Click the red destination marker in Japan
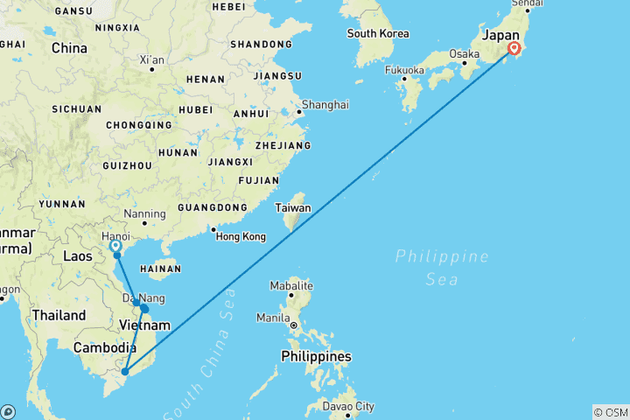[x=513, y=49]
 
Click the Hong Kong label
[x=241, y=237]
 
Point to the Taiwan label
[x=293, y=209]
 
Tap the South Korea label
[x=378, y=34]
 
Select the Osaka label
[x=464, y=54]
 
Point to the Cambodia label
[x=102, y=347]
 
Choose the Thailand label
[x=59, y=315]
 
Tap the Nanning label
[x=145, y=213]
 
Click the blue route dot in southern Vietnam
[x=125, y=372]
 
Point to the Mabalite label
[x=291, y=286]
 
